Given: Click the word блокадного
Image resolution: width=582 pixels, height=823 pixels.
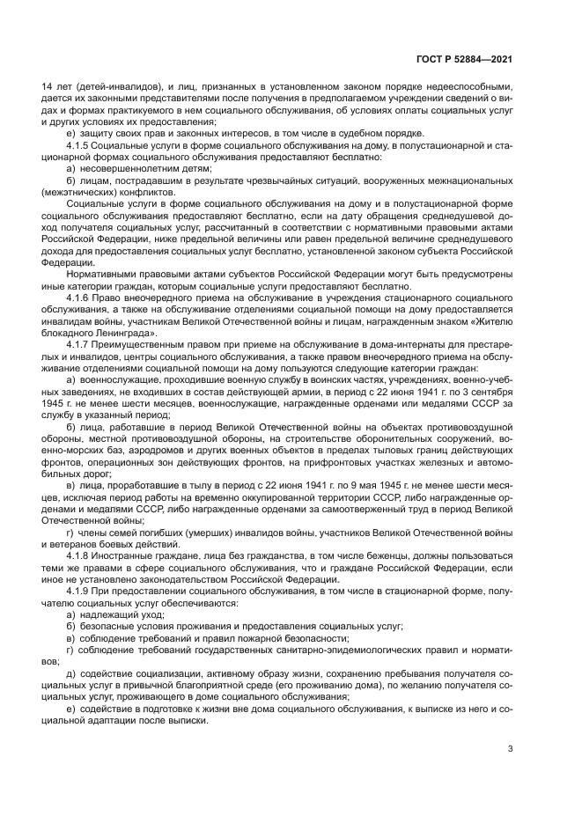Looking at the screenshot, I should click(x=71, y=334).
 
